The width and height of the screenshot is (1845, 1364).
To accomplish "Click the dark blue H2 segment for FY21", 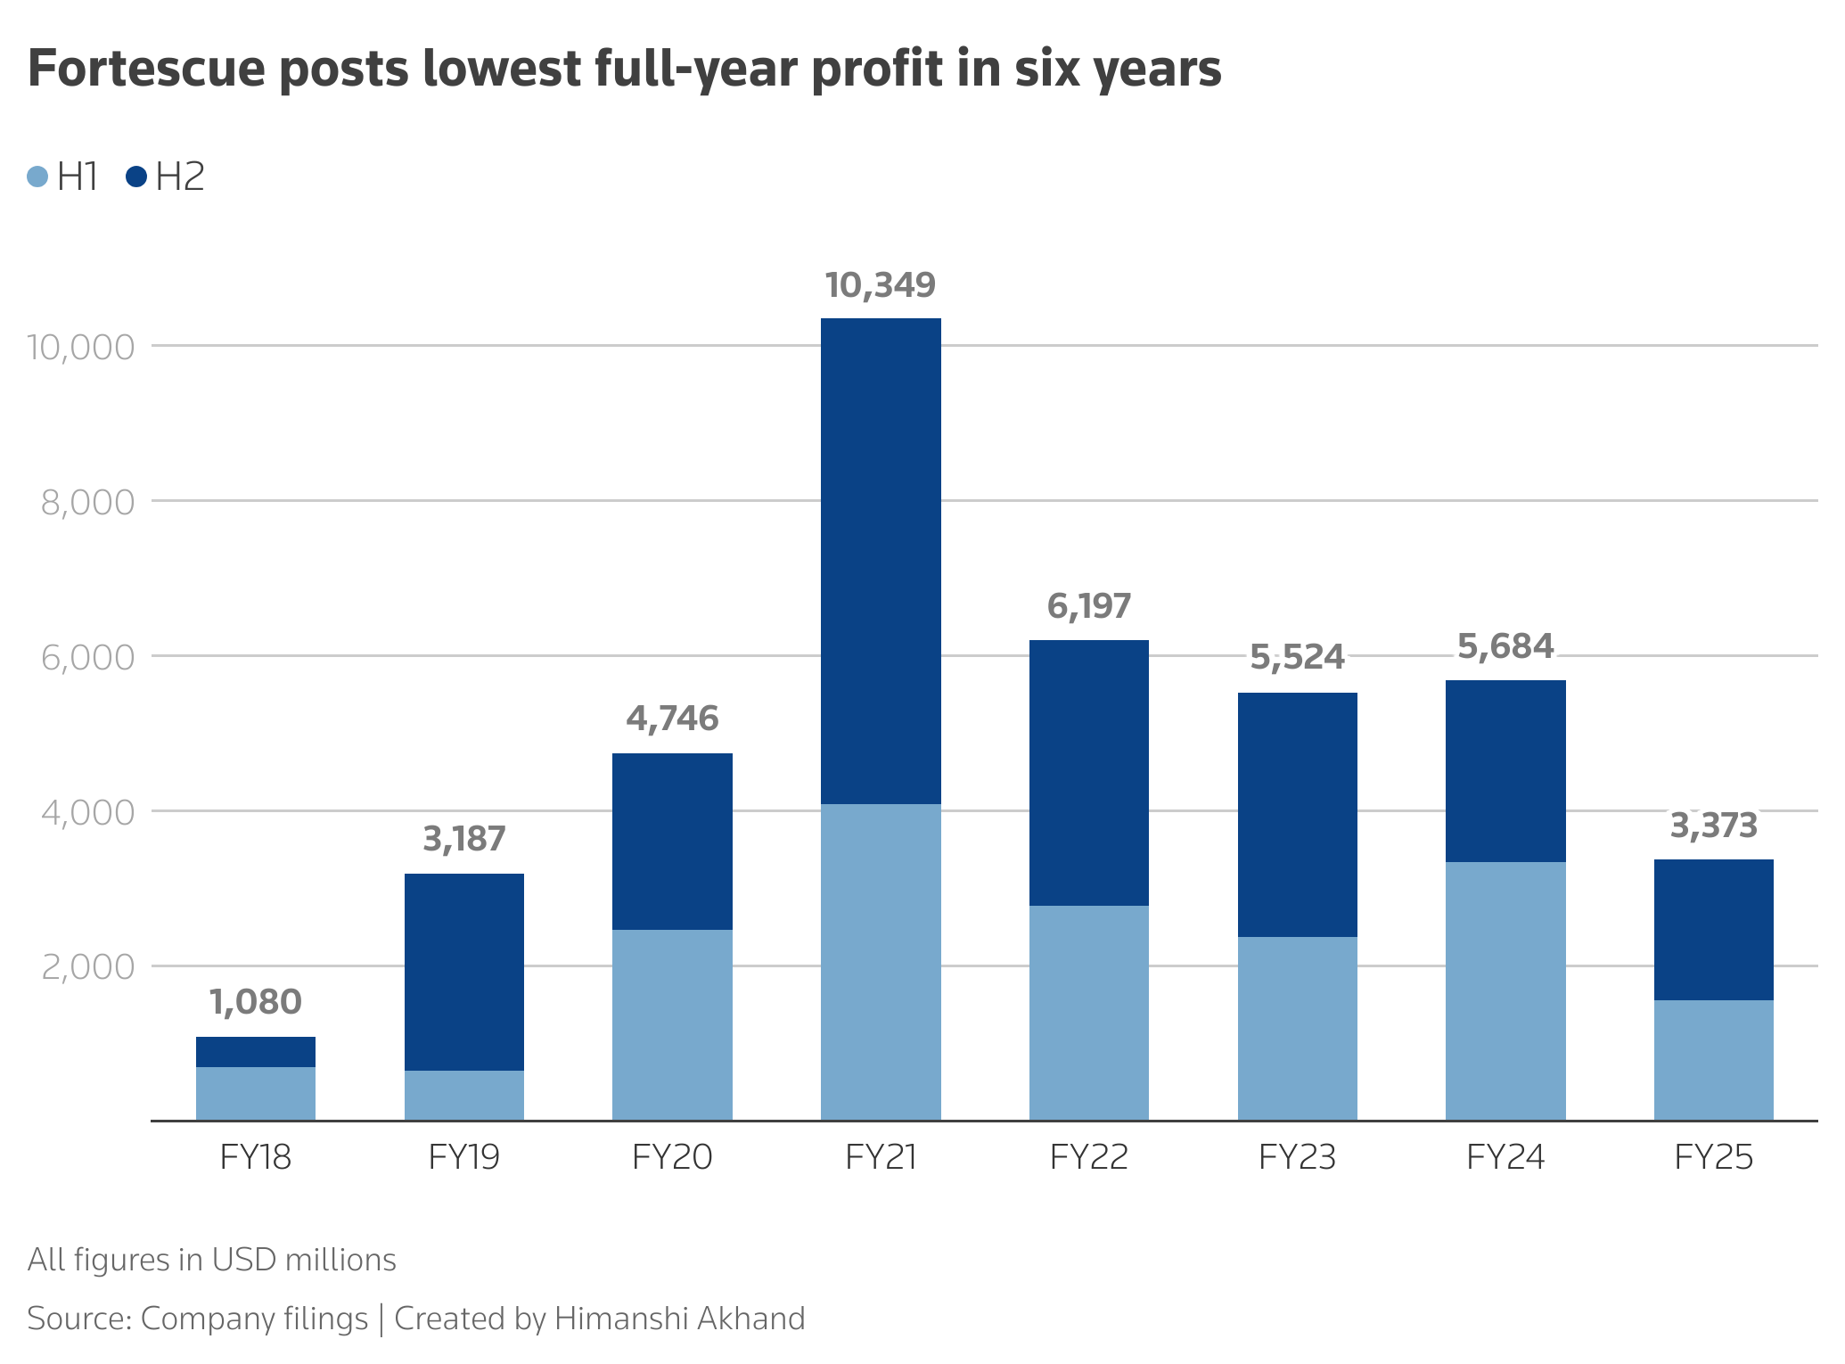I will [x=881, y=562].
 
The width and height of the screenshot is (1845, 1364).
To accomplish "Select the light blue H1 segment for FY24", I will [x=1505, y=990].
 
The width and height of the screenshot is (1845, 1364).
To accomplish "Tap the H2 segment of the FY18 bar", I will [x=256, y=1052].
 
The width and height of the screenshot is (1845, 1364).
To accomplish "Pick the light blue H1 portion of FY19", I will [x=464, y=1095].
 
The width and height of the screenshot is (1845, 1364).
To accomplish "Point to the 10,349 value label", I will [x=881, y=285].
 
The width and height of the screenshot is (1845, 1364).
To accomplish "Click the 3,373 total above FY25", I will [x=1713, y=826].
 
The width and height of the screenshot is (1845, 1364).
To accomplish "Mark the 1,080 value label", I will [x=256, y=1002].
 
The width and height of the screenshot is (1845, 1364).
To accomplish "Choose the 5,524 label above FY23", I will [x=1297, y=658].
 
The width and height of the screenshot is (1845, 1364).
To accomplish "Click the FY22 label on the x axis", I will [x=1089, y=1157].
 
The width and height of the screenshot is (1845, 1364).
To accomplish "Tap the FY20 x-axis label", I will [x=672, y=1157].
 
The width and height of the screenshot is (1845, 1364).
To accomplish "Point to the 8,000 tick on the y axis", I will [x=87, y=503].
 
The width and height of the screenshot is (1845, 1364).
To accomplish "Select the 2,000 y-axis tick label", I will [x=87, y=967].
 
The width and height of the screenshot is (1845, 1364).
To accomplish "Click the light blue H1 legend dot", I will [x=37, y=177].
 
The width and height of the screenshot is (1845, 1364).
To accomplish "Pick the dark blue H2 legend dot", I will [x=136, y=177].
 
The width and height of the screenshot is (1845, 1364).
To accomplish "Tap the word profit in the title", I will [x=876, y=69].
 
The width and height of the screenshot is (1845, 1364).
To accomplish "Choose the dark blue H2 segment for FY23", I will [x=1297, y=814].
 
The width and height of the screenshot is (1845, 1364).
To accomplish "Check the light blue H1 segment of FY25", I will [x=1713, y=1060].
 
